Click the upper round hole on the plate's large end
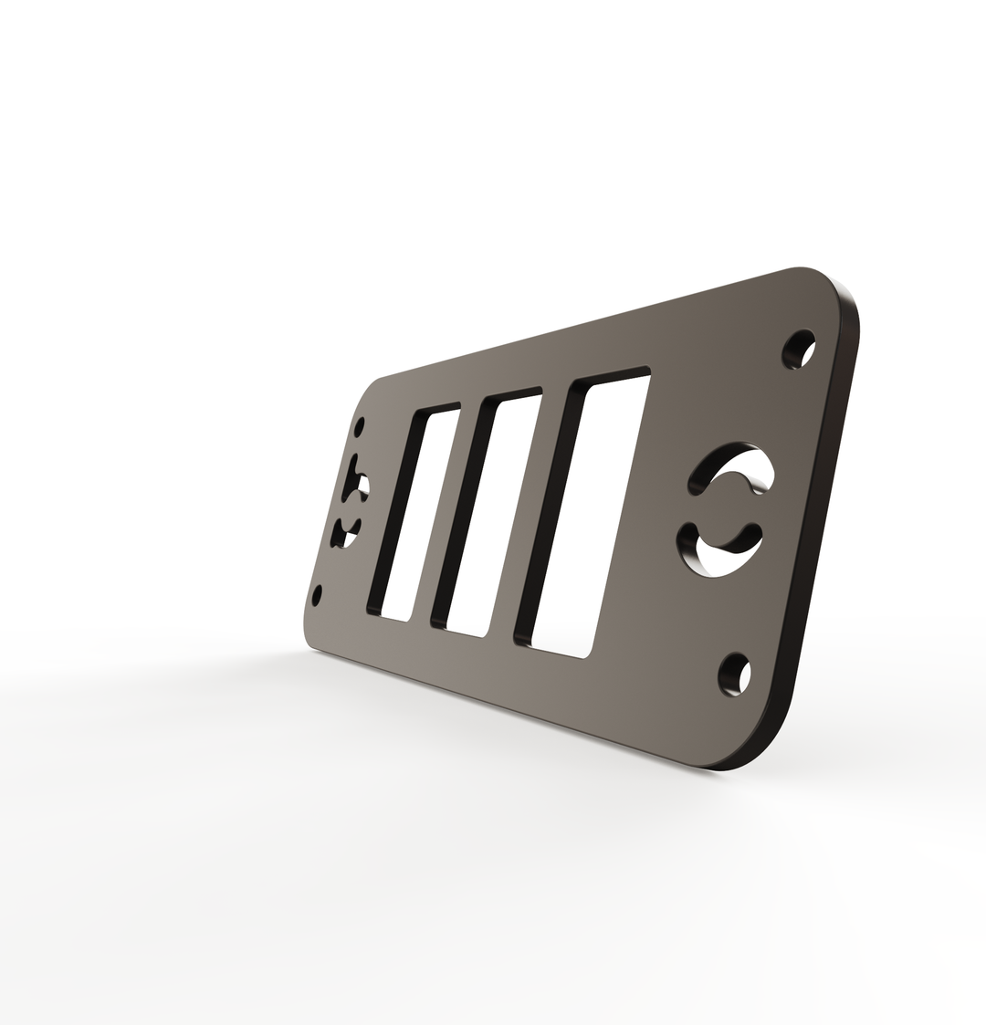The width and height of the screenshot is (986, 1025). pyautogui.click(x=799, y=350)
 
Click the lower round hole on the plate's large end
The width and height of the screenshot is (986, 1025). pyautogui.click(x=735, y=675)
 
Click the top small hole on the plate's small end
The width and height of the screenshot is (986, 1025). pyautogui.click(x=361, y=427)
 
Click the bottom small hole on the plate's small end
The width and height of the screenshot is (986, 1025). pyautogui.click(x=317, y=596)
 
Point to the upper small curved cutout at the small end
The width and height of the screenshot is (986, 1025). pyautogui.click(x=354, y=482)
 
